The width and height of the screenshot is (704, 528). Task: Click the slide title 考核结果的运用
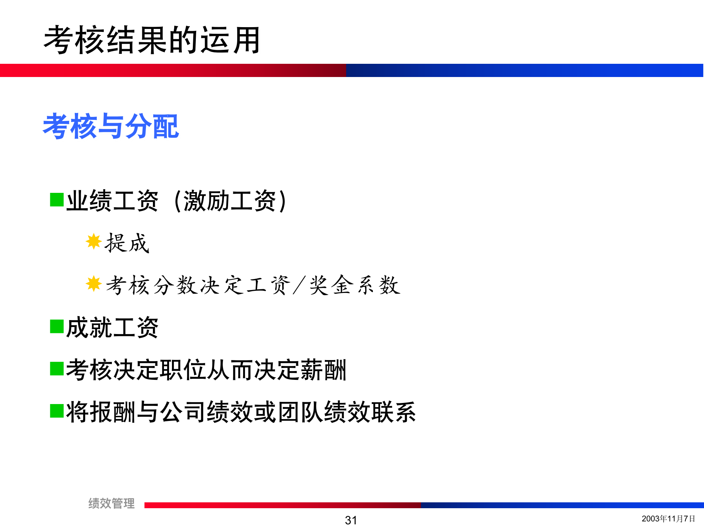(152, 40)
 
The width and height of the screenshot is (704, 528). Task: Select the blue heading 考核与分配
(111, 126)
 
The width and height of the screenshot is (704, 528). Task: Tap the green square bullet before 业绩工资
(57, 200)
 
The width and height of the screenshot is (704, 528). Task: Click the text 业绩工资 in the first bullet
(112, 201)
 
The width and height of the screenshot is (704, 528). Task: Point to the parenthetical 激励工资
(230, 201)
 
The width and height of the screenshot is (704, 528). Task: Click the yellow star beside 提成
(93, 241)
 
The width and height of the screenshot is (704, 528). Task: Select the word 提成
(127, 243)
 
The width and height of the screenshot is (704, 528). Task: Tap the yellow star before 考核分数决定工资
(93, 284)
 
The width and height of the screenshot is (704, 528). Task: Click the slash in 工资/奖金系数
(299, 285)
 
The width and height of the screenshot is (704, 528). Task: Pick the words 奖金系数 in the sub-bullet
(355, 285)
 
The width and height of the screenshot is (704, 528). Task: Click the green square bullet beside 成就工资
(57, 326)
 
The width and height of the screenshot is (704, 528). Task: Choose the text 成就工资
(112, 327)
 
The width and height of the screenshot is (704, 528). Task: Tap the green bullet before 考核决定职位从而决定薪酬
(57, 369)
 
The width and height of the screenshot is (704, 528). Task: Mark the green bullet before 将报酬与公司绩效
(57, 411)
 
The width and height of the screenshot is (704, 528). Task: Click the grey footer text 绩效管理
(111, 503)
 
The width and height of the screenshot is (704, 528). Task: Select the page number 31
(351, 520)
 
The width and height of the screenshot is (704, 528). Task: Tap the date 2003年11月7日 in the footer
(668, 518)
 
